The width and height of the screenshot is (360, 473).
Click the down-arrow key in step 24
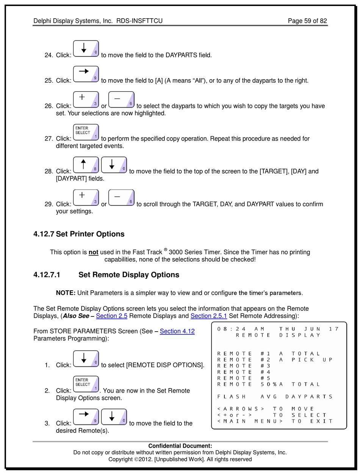pyautogui.click(x=86, y=49)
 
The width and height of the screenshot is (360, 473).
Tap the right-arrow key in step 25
pyautogui.click(x=86, y=74)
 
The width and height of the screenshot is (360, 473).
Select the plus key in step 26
pyautogui.click(x=86, y=99)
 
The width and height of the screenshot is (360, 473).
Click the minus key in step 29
pyautogui.click(x=121, y=197)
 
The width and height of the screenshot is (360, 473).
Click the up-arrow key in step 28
pyautogui.click(x=86, y=165)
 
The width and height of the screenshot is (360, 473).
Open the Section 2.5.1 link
pyautogui.click(x=208, y=316)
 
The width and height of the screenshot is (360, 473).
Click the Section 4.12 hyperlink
pyautogui.click(x=177, y=331)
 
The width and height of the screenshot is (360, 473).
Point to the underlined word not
pyautogui.click(x=93, y=252)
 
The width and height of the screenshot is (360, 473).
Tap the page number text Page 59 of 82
pyautogui.click(x=307, y=21)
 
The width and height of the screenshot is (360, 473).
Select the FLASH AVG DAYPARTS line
pyautogui.click(x=275, y=396)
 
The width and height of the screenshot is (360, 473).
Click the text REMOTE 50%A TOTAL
pyautogui.click(x=269, y=384)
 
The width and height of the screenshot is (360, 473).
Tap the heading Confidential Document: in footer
pyautogui.click(x=180, y=446)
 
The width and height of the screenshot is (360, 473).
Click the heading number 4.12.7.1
pyautogui.click(x=47, y=275)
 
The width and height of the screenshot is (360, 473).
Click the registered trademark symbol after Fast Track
pyautogui.click(x=166, y=249)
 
